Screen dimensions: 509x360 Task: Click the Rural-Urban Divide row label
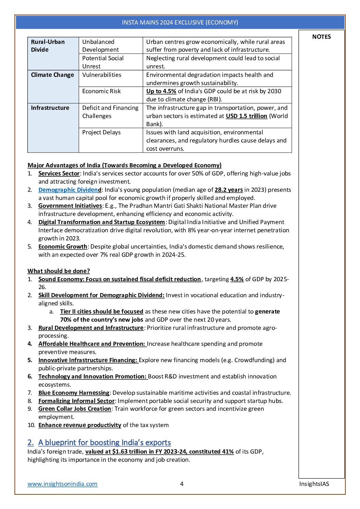tap(48, 46)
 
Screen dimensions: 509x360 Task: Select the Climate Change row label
tap(52, 75)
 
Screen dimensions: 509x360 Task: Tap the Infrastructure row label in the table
tap(50, 108)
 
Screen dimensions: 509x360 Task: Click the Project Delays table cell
tap(101, 132)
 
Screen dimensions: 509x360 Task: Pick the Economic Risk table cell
tap(101, 91)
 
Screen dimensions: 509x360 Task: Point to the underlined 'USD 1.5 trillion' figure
tap(246, 116)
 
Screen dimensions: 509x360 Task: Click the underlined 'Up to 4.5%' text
tap(161, 91)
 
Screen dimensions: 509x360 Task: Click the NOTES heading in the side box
tap(321, 37)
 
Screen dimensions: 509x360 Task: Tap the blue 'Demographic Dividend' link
tap(70, 190)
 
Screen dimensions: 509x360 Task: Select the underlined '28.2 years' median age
tap(229, 190)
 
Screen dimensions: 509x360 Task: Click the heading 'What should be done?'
tap(59, 271)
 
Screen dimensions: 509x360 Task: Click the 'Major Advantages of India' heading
tap(124, 165)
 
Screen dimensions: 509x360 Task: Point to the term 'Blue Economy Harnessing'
tap(74, 393)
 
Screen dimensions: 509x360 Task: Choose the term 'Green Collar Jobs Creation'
tap(75, 409)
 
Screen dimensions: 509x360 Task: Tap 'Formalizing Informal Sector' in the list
tap(77, 401)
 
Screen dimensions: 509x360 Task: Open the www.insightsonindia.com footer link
tap(63, 484)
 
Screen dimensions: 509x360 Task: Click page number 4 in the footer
tap(182, 484)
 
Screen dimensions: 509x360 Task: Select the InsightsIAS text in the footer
tap(314, 484)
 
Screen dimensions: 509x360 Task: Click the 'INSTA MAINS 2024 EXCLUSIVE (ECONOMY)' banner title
tap(180, 22)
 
